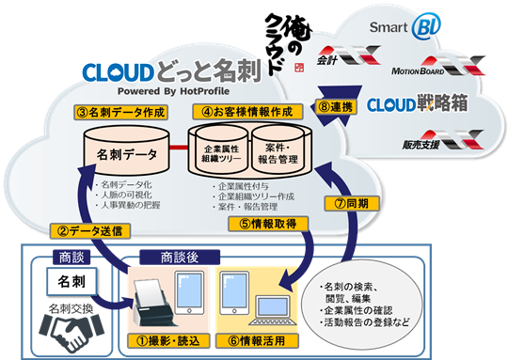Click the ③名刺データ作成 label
tap(121, 112)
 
